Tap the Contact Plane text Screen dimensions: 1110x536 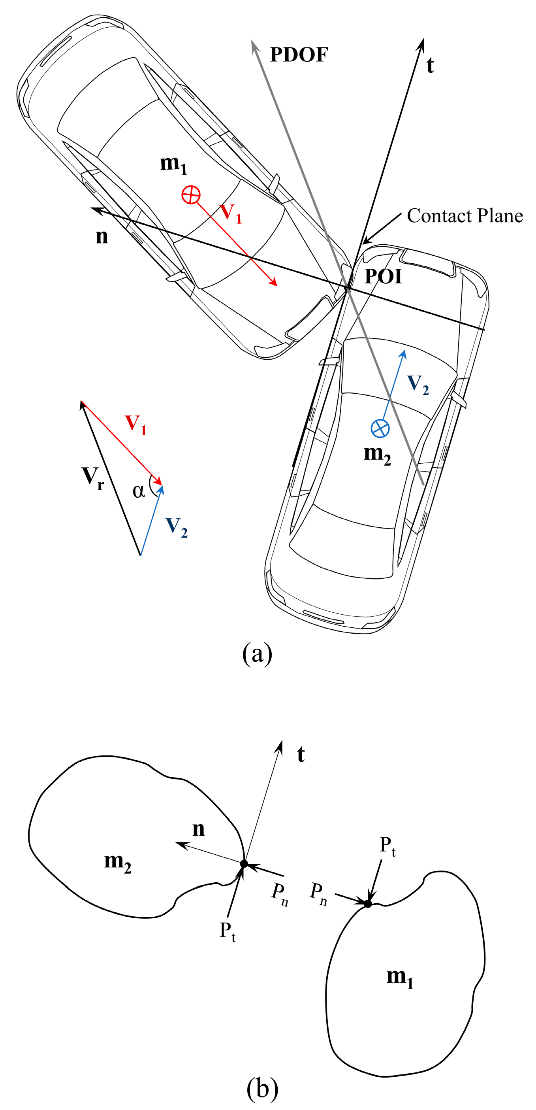click(465, 215)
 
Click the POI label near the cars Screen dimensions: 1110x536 click(383, 276)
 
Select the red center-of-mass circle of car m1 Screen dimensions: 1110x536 click(191, 195)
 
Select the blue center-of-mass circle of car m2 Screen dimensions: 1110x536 click(380, 428)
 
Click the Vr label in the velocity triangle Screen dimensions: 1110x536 click(93, 478)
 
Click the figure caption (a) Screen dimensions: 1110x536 click(257, 654)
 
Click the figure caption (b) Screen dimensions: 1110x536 click(262, 1087)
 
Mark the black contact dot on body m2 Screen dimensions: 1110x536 click(244, 863)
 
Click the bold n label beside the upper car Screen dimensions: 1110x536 click(102, 236)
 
